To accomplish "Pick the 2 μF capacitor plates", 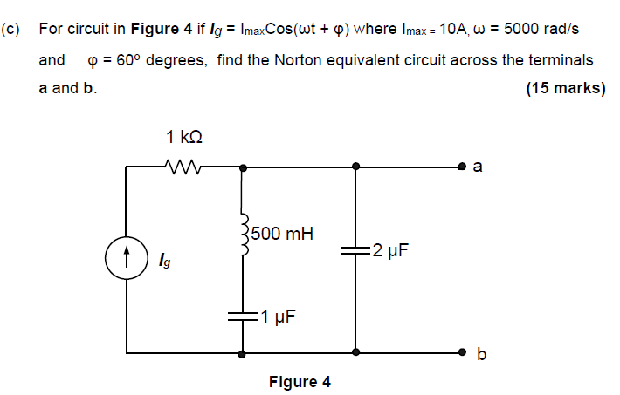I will click(x=355, y=251).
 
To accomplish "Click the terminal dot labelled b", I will click(x=465, y=353).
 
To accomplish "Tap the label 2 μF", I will click(x=389, y=251).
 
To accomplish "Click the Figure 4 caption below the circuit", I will click(x=300, y=382).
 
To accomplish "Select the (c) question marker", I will click(x=10, y=29).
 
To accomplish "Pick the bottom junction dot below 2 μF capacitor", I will click(x=355, y=353).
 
